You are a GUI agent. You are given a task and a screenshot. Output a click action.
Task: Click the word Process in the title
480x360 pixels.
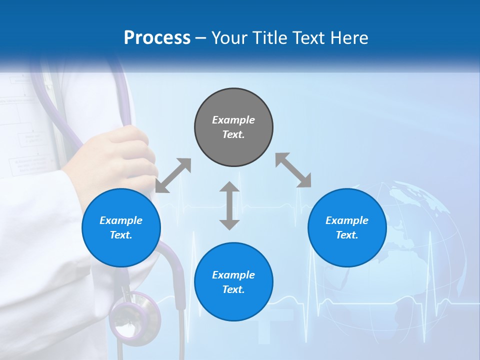[x=157, y=38]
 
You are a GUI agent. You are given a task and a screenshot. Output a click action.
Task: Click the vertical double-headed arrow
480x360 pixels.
[x=229, y=205]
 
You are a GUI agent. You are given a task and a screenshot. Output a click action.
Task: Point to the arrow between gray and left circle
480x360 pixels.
[x=173, y=175]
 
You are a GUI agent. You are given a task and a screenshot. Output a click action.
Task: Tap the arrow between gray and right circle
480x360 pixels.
[x=293, y=170]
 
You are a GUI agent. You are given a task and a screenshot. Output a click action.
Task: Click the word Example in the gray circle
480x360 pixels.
[x=233, y=120]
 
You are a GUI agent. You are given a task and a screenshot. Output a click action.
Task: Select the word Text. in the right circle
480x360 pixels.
[x=347, y=235]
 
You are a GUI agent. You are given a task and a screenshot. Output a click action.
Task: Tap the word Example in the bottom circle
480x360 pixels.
[x=233, y=275]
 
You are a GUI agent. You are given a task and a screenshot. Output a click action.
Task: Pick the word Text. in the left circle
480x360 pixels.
[x=121, y=235]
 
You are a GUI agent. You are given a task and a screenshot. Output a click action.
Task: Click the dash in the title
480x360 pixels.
[x=200, y=38]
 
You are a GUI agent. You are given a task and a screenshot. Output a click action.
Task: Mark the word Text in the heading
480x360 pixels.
[x=308, y=38]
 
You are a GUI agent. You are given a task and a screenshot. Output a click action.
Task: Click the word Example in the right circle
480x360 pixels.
[x=347, y=220]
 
